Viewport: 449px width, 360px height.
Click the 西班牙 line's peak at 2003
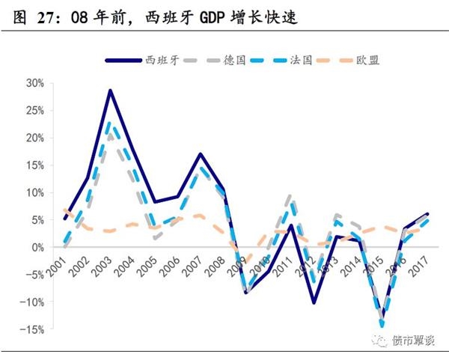[x=110, y=91]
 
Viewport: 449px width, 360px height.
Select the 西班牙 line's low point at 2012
[x=315, y=302]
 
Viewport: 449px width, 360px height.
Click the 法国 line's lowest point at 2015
[x=383, y=326]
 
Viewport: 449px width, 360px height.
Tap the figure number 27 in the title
[x=46, y=16]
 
